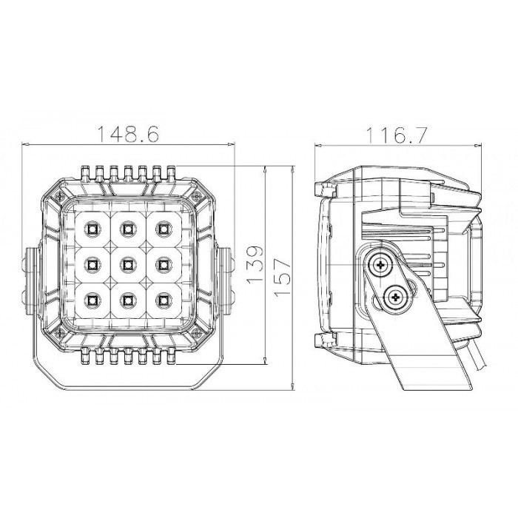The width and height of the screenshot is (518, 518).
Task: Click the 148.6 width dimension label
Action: click(129, 133)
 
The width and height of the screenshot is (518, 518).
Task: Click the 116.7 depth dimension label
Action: click(397, 135)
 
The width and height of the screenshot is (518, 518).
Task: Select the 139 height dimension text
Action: click(255, 265)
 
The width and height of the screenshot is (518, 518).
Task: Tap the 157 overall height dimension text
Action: click(283, 277)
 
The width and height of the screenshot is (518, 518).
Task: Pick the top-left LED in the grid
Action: click(92, 229)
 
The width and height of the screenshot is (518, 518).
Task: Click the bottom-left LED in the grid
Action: click(92, 300)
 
